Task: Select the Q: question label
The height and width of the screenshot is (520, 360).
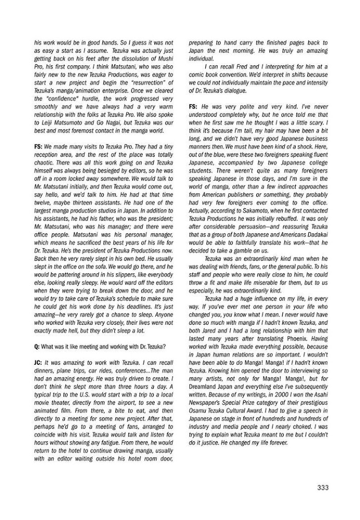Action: [37, 346]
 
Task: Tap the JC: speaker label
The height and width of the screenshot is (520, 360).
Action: [38, 362]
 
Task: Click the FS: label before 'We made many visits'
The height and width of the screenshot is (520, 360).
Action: [38, 146]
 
